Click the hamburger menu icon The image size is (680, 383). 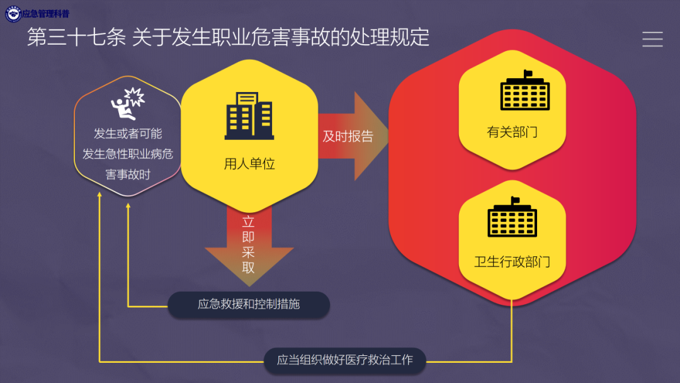pyautogui.click(x=652, y=39)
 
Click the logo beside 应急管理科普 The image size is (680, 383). pyautogui.click(x=13, y=13)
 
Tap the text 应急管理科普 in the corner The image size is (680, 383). pyautogui.click(x=45, y=13)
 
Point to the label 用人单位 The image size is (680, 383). pyautogui.click(x=249, y=164)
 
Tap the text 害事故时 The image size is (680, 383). pyautogui.click(x=128, y=174)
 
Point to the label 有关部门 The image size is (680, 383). pyautogui.click(x=512, y=133)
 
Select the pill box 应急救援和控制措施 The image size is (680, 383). pyautogui.click(x=249, y=304)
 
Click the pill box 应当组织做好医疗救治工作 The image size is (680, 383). pyautogui.click(x=345, y=360)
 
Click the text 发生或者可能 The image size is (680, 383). pyautogui.click(x=128, y=134)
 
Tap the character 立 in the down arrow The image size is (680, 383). pyautogui.click(x=249, y=222)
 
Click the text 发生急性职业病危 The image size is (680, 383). pyautogui.click(x=128, y=154)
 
